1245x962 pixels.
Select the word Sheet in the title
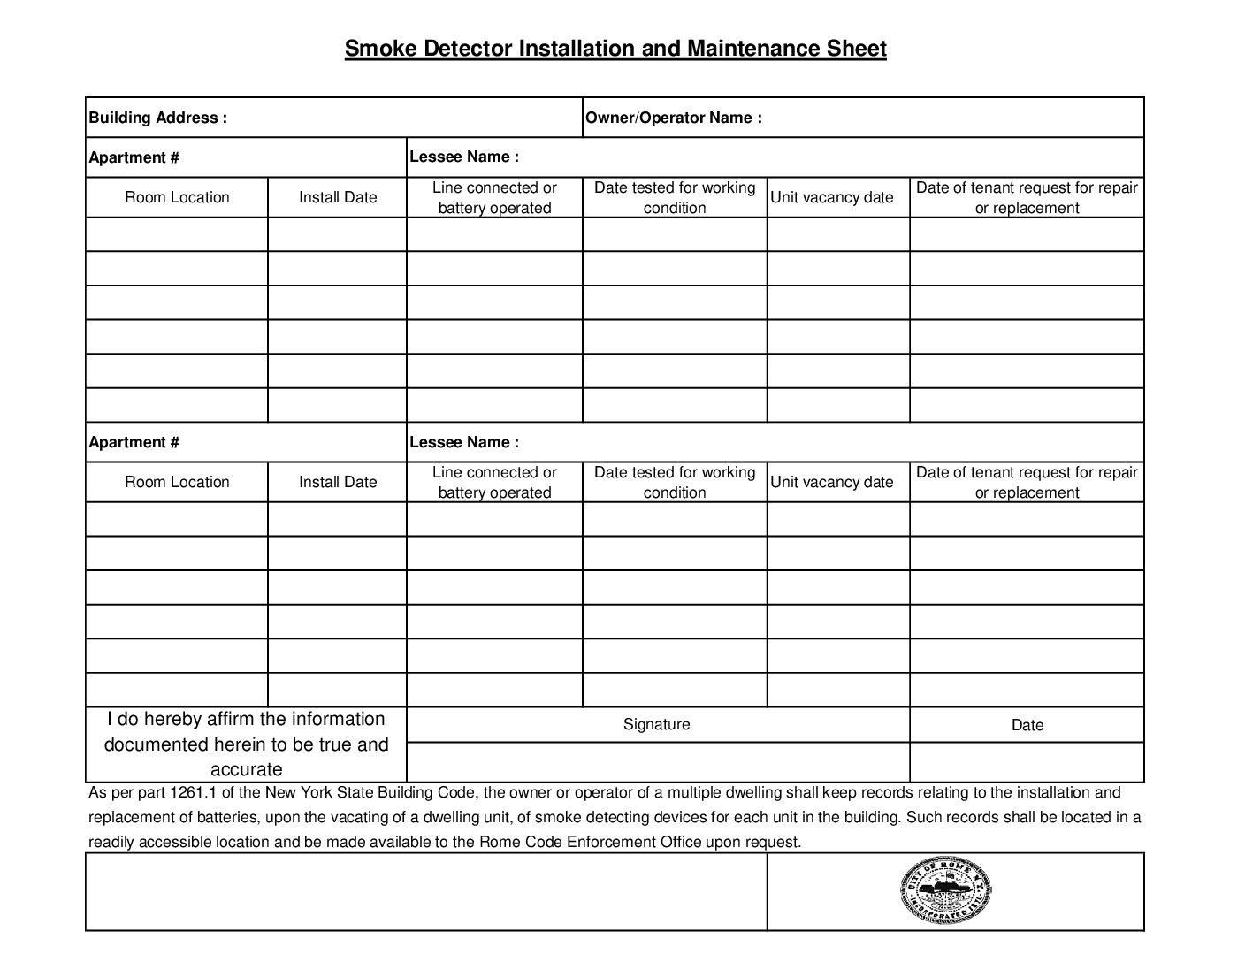856,48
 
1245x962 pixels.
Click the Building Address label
157,118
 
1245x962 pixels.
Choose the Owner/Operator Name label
673,118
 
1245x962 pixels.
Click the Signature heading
656,724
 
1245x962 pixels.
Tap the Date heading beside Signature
1027,725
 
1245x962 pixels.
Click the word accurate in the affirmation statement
246,769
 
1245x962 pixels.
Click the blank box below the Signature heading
657,762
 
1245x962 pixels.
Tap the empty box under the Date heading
1027,762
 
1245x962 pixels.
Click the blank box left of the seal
426,891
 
